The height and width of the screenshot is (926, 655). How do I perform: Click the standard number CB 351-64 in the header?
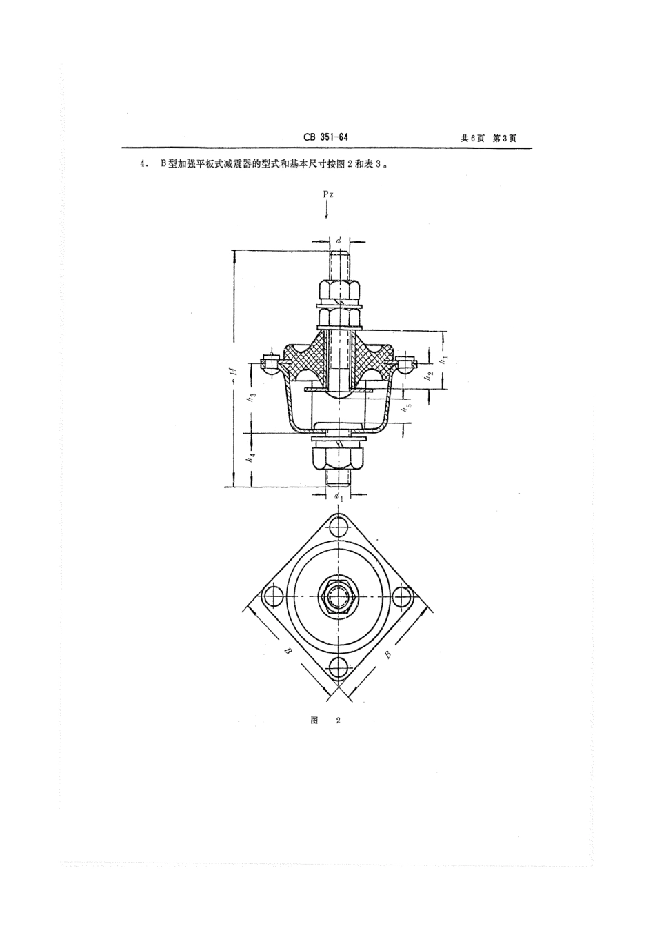point(325,137)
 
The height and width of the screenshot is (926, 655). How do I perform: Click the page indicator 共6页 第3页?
point(488,138)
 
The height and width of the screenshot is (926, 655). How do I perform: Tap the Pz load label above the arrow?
point(328,195)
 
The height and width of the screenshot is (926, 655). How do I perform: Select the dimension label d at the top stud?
point(339,241)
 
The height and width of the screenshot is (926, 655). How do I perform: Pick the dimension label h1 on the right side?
point(444,358)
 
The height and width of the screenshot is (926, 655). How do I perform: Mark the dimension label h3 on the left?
point(252,397)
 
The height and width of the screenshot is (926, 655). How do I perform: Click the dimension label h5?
point(409,407)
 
